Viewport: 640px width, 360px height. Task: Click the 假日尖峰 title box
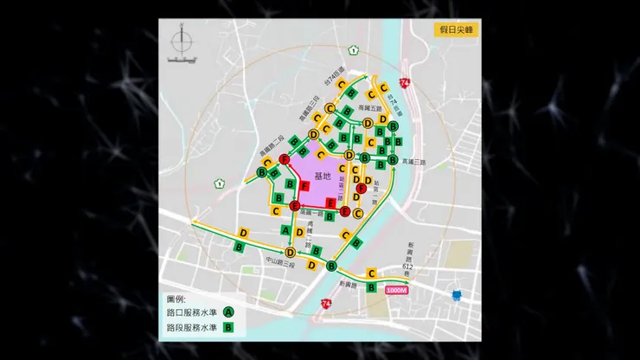[456, 29]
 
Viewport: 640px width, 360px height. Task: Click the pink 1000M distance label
[397, 291]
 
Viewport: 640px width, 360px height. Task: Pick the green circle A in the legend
[229, 312]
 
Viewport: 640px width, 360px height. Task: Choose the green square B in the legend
[229, 328]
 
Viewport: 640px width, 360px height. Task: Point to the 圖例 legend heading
[176, 299]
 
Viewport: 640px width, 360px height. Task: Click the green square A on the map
[287, 230]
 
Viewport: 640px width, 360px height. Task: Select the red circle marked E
[295, 206]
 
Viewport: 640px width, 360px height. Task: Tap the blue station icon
[457, 295]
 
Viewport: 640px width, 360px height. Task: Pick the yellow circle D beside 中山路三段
[291, 252]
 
